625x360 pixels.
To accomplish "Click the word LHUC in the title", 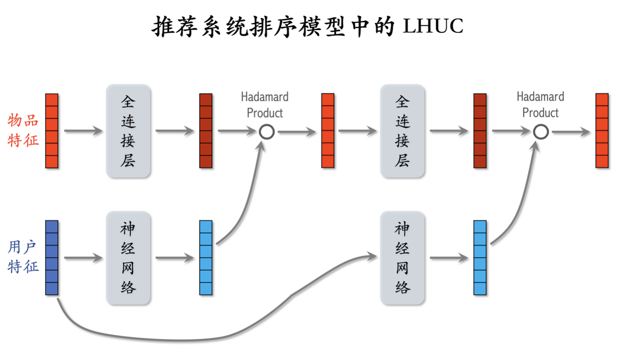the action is point(433,26).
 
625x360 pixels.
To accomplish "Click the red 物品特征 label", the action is point(23,130).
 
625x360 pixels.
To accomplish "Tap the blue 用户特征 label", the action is point(23,257).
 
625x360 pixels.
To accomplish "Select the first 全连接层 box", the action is point(128,131).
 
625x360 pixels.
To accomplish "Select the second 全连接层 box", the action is point(402,131).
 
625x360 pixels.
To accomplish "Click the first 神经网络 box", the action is point(128,257).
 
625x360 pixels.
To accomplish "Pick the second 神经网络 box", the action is point(402,257).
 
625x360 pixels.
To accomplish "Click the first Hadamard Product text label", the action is point(264,105).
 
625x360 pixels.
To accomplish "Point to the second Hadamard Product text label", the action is point(540,105).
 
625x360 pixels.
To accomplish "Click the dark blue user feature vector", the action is point(52,257).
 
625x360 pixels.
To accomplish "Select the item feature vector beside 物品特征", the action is point(52,131).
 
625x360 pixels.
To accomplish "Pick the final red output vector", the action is point(602,130).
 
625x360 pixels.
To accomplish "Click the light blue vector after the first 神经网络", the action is point(206,257).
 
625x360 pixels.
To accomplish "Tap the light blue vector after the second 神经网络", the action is point(480,257).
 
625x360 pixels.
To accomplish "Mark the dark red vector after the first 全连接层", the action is point(206,131).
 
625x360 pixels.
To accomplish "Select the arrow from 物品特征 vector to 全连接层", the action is point(83,130).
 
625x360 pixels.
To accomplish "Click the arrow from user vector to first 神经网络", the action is point(83,257).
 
